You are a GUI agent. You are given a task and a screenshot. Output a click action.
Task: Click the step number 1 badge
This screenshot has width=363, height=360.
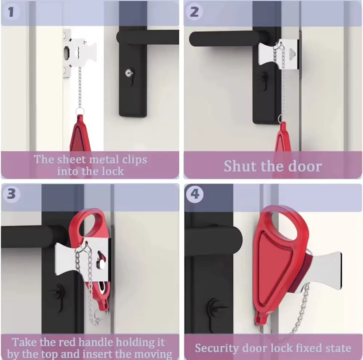coord(11,12)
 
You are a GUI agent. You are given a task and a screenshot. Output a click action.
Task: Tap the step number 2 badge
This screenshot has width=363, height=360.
coord(194,12)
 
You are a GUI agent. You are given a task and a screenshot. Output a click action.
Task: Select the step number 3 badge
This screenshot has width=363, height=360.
coord(11,193)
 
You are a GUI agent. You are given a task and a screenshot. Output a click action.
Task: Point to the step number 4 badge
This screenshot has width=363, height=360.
coord(195,194)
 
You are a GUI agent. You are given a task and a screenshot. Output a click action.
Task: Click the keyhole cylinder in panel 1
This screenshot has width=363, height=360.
coord(129,73)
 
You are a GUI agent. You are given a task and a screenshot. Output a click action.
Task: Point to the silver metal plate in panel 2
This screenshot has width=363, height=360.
coord(278,55)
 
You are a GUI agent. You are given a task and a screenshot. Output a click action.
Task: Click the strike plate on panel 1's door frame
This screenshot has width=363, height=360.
coord(67,53)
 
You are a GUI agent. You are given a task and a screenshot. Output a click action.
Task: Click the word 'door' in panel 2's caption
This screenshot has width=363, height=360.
coord(305,166)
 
